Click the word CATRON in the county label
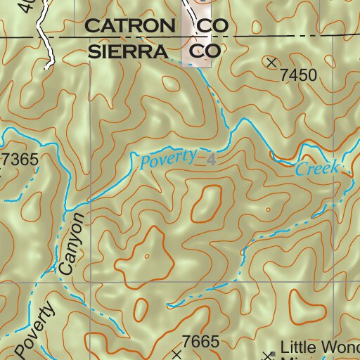[x=129, y=26]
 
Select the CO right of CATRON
[x=212, y=26]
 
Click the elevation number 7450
[x=298, y=75]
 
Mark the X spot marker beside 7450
[x=272, y=63]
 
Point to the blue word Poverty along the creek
[x=167, y=158]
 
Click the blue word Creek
[x=317, y=169]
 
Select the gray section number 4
[x=210, y=160]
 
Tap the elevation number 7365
[x=20, y=160]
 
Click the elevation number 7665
[x=201, y=342]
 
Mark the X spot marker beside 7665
[x=176, y=355]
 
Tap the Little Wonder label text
[x=319, y=347]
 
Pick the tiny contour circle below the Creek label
[x=268, y=209]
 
